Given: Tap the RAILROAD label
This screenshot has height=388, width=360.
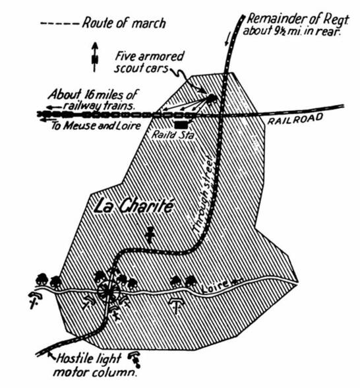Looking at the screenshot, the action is pos(295,119).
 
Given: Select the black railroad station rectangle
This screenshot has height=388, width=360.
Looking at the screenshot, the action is pos(182,125).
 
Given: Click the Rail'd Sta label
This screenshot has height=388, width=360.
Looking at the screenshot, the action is pos(173,135).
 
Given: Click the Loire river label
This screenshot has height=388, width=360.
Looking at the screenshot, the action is pos(215,286).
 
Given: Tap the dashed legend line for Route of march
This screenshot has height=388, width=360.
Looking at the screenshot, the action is pos(59,24).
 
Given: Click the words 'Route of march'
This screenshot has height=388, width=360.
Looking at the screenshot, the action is pos(124,23).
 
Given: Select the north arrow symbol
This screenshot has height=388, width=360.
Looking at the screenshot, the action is pos(95,57).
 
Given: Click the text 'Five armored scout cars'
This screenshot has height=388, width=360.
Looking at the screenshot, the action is pos(149,62).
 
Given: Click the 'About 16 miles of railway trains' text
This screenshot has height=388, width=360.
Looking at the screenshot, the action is pos(92,100).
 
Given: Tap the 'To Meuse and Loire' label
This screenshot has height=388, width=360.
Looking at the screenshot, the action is pos(96,125).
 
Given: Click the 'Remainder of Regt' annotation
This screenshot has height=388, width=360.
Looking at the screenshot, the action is pos(296,25).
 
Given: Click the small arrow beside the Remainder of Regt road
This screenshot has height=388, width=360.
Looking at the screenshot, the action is pos(227,40).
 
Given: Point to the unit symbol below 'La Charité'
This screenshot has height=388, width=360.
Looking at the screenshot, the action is pos(150,234).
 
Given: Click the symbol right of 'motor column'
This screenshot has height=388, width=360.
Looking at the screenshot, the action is pos(135,359).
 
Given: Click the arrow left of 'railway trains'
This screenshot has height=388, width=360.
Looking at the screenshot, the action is pos(54,107).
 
